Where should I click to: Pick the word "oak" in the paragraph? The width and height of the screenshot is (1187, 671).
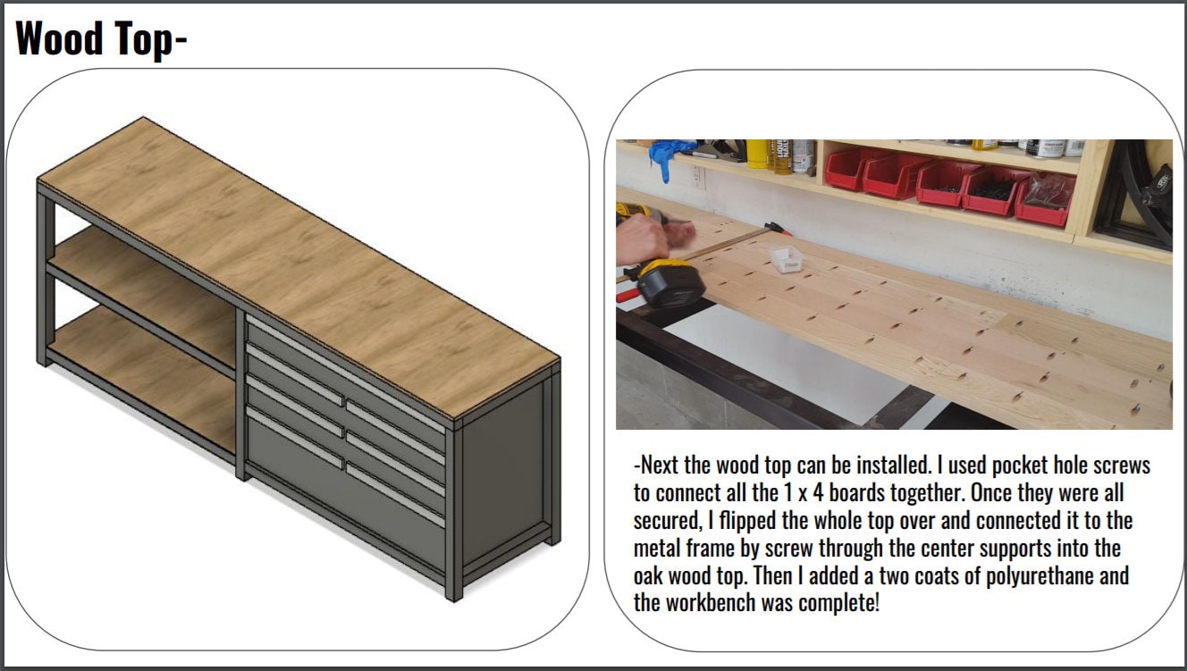click(x=651, y=575)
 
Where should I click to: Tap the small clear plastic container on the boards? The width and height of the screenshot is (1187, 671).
click(x=787, y=259)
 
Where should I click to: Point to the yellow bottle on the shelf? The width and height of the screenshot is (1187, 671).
click(x=758, y=153)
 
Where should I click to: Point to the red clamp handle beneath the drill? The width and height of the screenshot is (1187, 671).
click(x=629, y=291)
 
